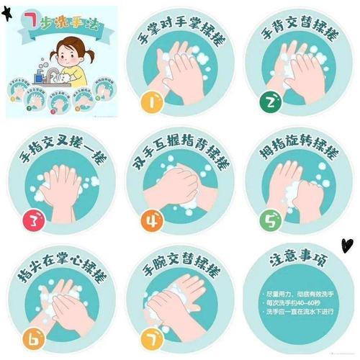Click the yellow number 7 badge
[152, 336]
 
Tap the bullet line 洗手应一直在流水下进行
[301, 312]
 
